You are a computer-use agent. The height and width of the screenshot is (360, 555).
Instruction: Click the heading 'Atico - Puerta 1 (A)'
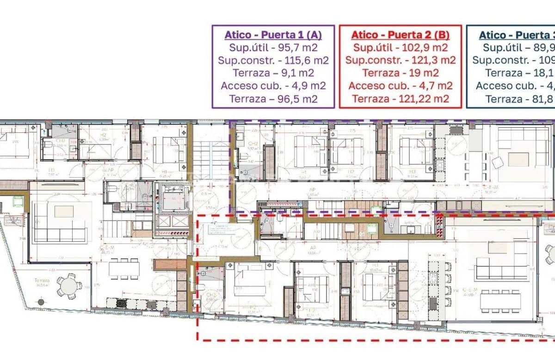coord(273,35)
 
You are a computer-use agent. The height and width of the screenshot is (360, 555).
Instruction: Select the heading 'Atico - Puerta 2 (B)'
coord(400,35)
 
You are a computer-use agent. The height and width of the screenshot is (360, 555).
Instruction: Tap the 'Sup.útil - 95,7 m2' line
coord(273,48)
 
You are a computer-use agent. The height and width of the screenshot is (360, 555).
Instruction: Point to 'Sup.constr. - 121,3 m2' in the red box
coord(400,60)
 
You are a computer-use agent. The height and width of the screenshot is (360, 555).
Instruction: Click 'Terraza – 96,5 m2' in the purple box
coord(273,99)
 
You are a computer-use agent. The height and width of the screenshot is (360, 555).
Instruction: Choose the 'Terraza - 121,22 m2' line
coord(400,99)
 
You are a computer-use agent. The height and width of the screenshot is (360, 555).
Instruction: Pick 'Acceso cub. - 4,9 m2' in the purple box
coord(273,86)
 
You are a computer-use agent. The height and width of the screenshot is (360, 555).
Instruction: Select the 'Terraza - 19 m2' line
coord(400,73)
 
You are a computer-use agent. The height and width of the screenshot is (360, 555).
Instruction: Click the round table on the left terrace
coord(69,285)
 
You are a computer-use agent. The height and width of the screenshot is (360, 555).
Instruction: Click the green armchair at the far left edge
coord(18,201)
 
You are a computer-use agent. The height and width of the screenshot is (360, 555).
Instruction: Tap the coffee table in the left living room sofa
coord(64,211)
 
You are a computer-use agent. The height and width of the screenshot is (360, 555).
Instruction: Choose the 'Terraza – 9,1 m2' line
coord(273,73)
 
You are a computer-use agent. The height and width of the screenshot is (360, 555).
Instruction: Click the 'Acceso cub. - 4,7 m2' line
coord(400,86)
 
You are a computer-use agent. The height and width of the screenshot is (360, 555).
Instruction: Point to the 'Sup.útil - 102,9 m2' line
coord(400,48)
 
